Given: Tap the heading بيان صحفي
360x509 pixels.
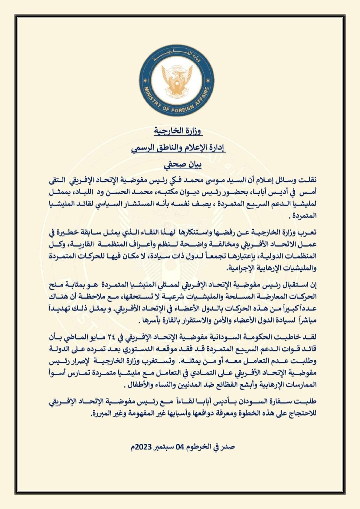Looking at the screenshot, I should point(180,165).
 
